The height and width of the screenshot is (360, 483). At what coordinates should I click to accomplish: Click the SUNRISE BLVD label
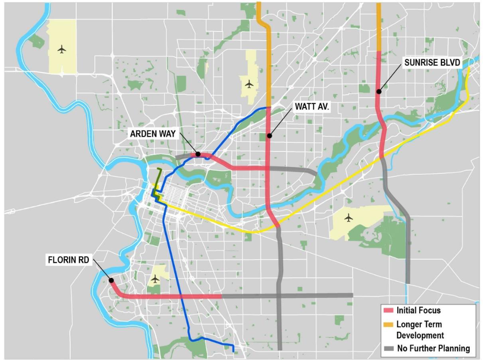point(432,63)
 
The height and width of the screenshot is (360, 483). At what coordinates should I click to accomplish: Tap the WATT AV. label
point(312,106)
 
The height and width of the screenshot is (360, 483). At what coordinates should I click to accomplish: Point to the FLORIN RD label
point(69,261)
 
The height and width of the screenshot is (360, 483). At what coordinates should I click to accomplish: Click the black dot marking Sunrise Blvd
point(379,92)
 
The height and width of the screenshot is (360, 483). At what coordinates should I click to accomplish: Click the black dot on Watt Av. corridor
point(270,136)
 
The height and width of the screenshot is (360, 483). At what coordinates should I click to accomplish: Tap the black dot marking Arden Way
point(198,154)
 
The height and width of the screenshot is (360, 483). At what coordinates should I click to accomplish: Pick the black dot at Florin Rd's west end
point(111,280)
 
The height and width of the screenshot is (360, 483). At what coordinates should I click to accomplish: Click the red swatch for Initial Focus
point(388,310)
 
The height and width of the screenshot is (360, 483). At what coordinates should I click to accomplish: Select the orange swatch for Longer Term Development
point(388,325)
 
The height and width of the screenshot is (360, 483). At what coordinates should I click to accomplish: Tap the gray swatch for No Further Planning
point(388,349)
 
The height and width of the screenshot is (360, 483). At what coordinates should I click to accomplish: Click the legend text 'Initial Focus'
point(418,310)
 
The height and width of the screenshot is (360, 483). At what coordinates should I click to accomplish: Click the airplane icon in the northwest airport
point(62,49)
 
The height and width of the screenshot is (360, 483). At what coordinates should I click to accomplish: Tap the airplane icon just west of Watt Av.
point(249,84)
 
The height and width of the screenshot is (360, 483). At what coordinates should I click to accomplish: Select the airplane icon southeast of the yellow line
point(349,218)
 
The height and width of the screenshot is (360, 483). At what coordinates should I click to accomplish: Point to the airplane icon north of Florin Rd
point(156,278)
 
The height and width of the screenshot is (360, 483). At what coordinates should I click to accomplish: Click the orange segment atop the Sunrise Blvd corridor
point(379,27)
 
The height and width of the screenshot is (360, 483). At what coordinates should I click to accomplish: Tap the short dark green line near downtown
point(158,180)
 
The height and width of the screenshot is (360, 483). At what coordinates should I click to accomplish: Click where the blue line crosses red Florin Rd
point(182,297)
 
